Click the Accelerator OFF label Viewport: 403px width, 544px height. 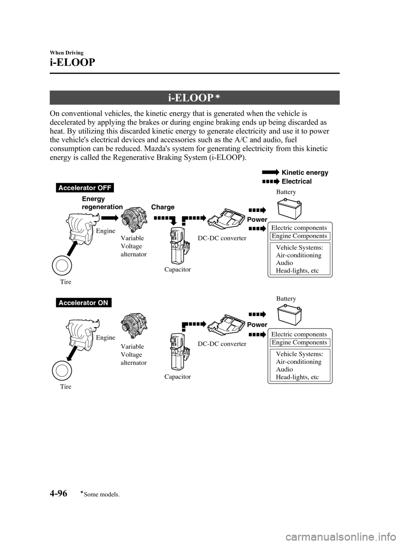(x=84, y=188)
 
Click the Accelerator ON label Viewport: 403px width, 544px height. (x=84, y=302)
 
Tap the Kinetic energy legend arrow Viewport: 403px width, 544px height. (x=270, y=172)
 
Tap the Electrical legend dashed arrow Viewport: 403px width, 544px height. (x=270, y=181)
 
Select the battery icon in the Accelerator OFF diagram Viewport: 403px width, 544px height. (x=289, y=210)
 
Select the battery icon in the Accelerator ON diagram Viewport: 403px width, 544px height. (x=289, y=315)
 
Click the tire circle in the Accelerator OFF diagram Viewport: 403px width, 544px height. (x=62, y=265)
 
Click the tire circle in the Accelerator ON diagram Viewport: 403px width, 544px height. (x=62, y=371)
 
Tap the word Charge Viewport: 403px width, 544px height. (x=163, y=207)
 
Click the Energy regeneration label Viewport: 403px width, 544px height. (x=102, y=203)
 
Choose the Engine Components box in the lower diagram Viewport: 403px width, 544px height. (x=300, y=343)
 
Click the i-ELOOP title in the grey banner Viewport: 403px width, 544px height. (x=191, y=98)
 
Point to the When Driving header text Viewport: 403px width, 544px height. (x=67, y=53)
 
